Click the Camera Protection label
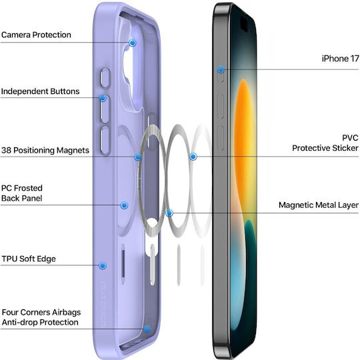point(36,35)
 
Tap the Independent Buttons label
point(40,91)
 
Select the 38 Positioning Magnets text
point(45,151)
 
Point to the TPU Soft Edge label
point(29,259)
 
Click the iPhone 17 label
point(340,59)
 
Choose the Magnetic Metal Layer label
point(319,205)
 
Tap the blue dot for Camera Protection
point(133,43)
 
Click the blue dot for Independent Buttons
point(103,98)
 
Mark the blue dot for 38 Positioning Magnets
point(138,157)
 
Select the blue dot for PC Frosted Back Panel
point(124,205)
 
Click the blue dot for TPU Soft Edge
point(103,265)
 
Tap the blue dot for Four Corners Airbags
point(147,330)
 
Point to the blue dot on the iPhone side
point(221,69)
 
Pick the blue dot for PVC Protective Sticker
point(193,157)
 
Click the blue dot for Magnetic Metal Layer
point(169,213)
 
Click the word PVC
point(350,138)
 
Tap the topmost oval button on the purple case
point(105,78)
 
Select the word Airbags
point(67,312)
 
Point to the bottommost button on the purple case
point(105,140)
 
